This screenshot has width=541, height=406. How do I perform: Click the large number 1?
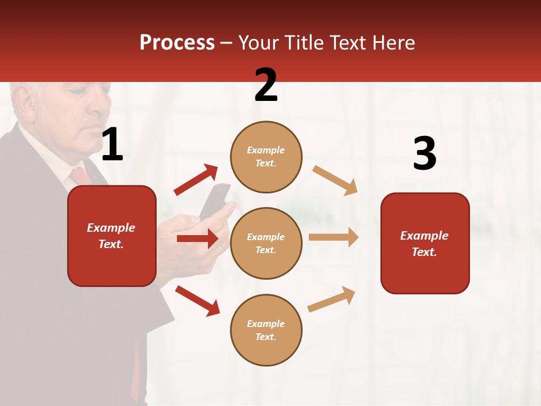point(112,145)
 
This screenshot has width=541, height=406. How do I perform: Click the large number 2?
point(266,85)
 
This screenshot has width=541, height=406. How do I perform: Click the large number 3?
point(424,154)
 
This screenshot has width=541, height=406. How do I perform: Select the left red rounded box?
point(112,236)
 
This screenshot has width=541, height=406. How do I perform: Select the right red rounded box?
point(425,243)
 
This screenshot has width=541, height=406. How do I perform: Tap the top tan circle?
point(266,157)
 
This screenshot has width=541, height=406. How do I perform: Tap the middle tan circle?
point(266,243)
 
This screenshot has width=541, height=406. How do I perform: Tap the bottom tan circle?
point(266,330)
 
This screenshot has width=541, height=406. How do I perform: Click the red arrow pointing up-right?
point(196,180)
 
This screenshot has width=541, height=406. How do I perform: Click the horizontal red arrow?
point(198,239)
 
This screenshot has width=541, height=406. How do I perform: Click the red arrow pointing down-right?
point(197,301)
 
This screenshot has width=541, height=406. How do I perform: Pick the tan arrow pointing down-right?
point(335,180)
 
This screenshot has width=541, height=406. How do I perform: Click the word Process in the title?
point(177,42)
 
